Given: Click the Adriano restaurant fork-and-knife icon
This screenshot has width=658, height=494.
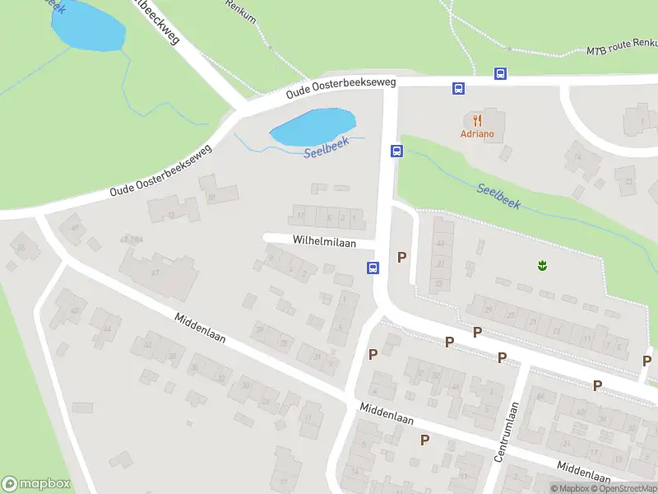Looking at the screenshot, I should tap(477, 120).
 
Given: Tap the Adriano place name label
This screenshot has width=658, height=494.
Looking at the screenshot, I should tap(477, 134).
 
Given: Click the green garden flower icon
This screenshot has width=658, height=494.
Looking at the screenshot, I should tap(542, 265).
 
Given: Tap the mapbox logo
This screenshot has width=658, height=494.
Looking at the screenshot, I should tap(36, 484).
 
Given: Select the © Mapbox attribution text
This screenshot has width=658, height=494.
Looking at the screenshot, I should tap(571, 488).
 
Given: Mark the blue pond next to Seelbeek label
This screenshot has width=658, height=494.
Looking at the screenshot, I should tap(312, 125).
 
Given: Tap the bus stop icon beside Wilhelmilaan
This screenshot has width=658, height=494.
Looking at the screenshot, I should tap(373, 268).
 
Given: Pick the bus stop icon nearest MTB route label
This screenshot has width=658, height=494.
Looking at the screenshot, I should tap(500, 73).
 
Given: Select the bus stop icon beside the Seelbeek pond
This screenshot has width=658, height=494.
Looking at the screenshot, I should tap(396, 151).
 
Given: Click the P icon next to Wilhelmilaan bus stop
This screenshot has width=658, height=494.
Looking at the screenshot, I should tap(401, 257).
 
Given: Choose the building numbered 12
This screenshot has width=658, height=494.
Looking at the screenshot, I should tap(174, 210).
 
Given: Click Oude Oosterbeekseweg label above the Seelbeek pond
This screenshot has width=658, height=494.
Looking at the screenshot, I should tap(341, 88).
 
